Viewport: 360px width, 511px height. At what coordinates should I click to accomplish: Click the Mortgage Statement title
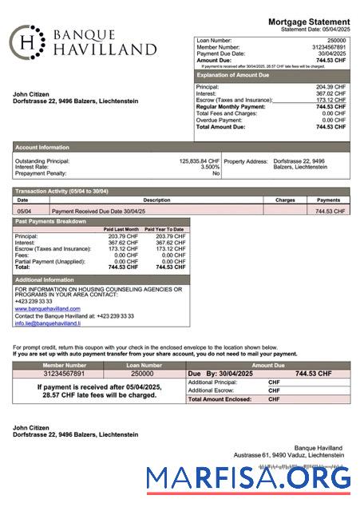309,21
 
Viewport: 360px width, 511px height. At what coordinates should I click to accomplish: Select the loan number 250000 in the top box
336,39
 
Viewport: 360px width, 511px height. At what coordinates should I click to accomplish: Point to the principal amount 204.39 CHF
330,87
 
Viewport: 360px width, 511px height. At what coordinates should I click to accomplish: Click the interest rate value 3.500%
210,167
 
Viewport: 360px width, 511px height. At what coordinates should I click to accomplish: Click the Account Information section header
42,148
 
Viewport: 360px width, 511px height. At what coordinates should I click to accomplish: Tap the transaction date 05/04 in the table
25,211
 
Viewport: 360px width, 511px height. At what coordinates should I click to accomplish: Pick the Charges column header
285,200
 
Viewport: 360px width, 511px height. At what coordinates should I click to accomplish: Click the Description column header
156,200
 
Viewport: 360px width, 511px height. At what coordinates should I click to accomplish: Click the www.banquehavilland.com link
47,308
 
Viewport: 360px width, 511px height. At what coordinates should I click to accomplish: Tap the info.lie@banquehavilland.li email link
47,323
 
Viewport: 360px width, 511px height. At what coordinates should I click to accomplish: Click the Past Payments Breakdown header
51,221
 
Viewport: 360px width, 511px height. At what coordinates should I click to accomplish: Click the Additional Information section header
45,279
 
